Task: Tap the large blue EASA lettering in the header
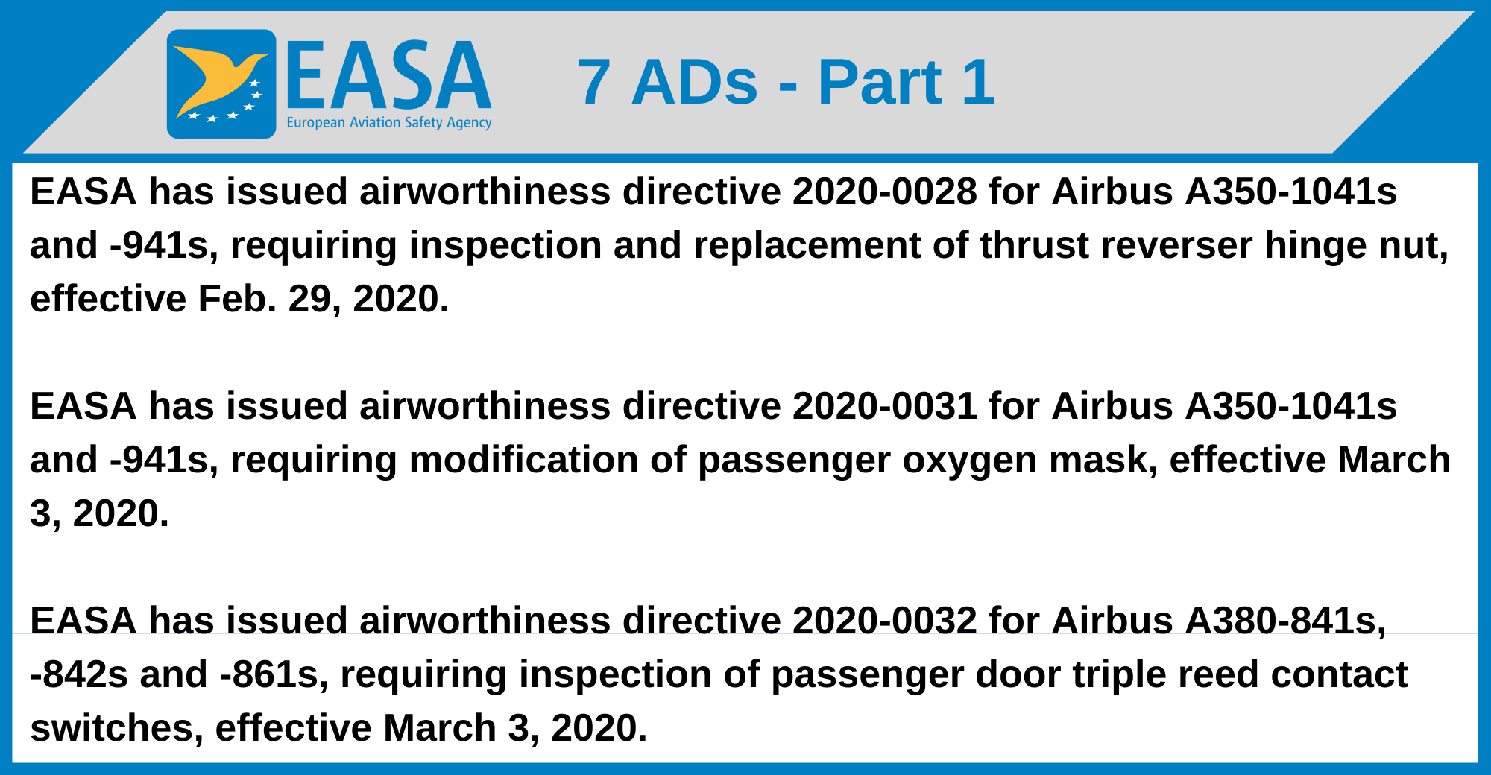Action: pos(388,76)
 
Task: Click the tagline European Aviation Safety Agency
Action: pos(388,123)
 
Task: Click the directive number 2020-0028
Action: pos(884,192)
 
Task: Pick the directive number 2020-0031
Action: pos(884,406)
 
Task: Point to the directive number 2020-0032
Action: pos(884,621)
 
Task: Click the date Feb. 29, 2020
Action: pos(323,299)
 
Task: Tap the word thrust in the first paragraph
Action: pos(1033,245)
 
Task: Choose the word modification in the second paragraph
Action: pos(523,460)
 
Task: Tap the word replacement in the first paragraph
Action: pos(807,245)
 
